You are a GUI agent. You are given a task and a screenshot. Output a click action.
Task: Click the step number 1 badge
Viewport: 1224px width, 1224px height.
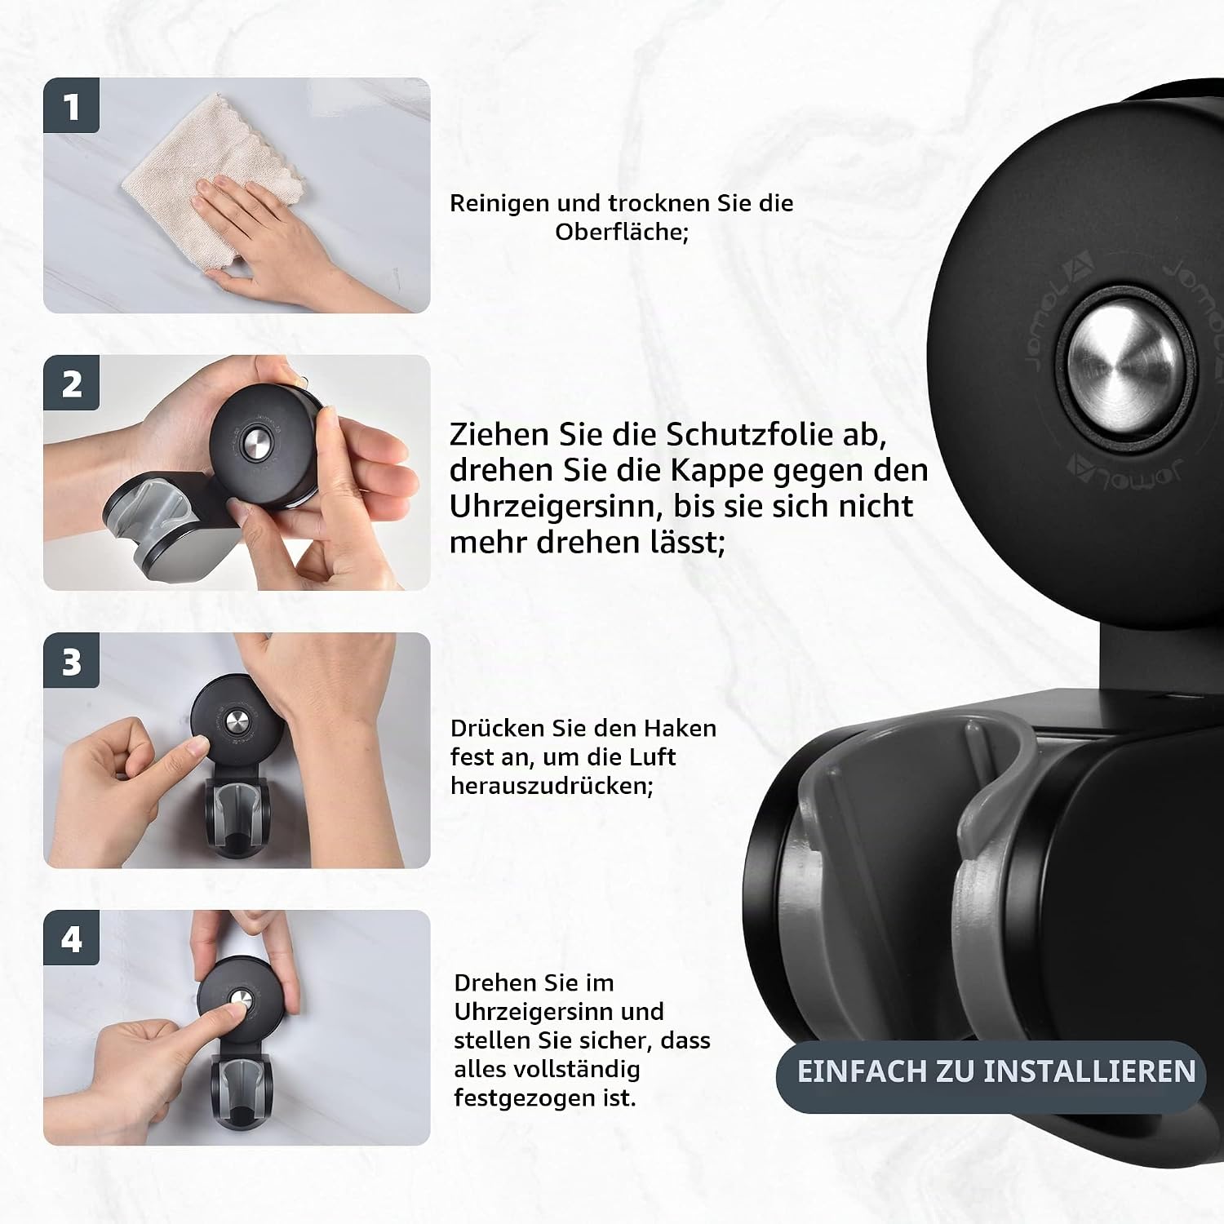point(71,105)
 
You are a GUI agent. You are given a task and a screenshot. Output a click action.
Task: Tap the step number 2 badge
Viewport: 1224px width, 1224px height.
point(71,383)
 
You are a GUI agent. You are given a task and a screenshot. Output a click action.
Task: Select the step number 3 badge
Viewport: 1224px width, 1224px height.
point(71,660)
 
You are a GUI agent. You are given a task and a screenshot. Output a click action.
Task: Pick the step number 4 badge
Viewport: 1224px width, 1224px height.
point(71,938)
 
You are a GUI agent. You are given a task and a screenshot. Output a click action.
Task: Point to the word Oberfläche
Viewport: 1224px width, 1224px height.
point(619,232)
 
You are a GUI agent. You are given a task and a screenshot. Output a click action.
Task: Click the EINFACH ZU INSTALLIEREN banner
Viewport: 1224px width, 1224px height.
point(991,1071)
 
